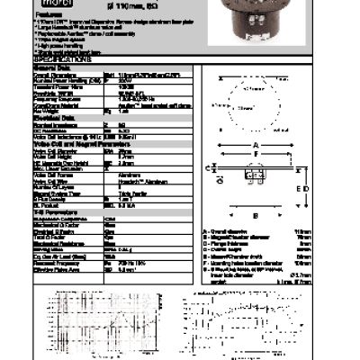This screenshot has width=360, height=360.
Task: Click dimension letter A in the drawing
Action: [256, 144]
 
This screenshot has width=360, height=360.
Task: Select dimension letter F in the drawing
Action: [256, 154]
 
